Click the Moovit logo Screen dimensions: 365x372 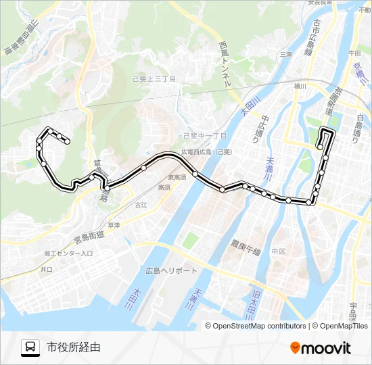pos(321,348)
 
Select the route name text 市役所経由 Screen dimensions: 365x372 pos(74,348)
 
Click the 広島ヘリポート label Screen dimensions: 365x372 pos(172,270)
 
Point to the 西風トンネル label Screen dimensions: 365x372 pos(226,64)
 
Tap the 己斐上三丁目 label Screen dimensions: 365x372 pos(154,79)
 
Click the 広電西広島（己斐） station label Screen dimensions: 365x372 pos(206,152)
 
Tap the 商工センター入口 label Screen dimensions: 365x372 pos(68,253)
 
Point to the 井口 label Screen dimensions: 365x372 pos(46,269)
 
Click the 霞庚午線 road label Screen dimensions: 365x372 pos(246,248)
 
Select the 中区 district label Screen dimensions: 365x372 pos(279,251)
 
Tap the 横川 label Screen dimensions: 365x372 pos(300,87)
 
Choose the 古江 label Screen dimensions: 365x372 pos(141,204)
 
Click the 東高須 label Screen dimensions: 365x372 pos(177,178)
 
